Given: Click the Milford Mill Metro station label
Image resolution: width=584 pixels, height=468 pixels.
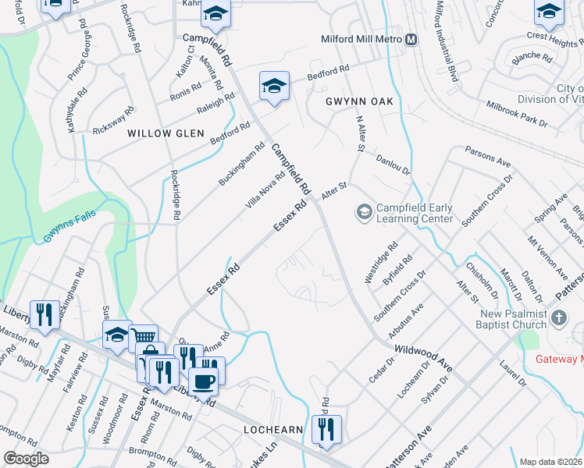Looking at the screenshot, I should coord(361,39).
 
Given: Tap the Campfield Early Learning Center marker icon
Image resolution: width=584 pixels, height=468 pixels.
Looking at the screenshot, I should coord(364,211).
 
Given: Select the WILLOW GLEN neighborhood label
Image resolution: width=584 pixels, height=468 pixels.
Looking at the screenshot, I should coord(159,133).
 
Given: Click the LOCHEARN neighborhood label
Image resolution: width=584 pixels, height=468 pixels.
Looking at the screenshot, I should coord(271,430).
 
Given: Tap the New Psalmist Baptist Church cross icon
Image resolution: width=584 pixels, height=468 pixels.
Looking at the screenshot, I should coord(558,317).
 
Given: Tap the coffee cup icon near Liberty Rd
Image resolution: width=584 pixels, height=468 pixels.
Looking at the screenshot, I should coord(204,381).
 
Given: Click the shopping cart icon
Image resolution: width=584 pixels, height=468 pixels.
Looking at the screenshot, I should coord(143,337).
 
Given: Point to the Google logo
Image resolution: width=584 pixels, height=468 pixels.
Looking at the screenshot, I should coord(26,459).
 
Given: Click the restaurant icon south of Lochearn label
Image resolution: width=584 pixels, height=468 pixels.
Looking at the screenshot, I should coord(326,428).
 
